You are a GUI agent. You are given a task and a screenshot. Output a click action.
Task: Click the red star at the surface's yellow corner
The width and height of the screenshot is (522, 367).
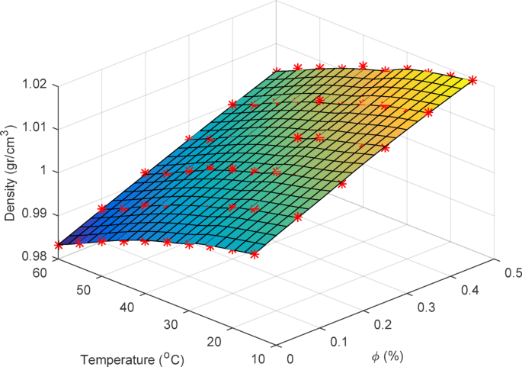pos(473,79)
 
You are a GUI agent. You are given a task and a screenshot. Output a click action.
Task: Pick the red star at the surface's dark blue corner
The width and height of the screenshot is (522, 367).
pos(59,245)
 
